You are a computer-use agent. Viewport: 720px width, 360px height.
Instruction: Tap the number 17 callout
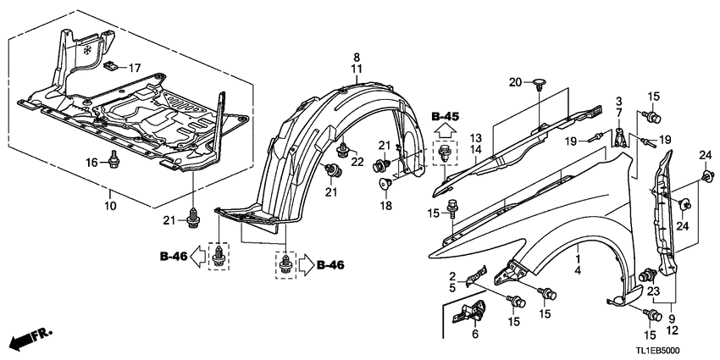click(132, 67)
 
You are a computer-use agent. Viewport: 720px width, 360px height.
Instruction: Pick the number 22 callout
click(357, 162)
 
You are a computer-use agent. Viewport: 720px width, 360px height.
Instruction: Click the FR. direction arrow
click(27, 340)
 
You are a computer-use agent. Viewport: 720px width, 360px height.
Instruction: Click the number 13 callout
click(476, 137)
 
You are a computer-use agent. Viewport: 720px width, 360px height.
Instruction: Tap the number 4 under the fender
click(579, 270)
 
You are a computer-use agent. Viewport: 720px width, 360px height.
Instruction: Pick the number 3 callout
click(618, 102)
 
